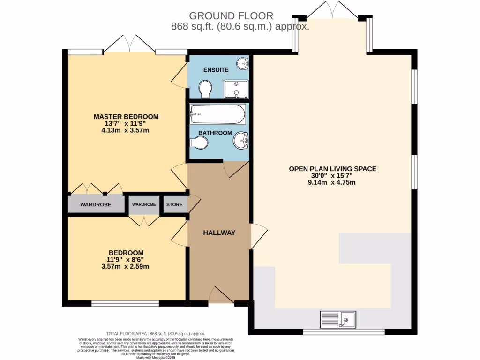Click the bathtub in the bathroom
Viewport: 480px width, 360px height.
point(217,114)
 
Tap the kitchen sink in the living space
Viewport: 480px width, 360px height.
point(338,320)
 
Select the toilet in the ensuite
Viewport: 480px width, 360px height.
point(205,89)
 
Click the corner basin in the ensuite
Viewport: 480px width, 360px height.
point(242,63)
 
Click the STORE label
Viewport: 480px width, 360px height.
point(174,205)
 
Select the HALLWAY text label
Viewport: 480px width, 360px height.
point(219,232)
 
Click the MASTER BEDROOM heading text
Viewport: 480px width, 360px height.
point(126,117)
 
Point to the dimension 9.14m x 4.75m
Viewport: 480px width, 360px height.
point(332,183)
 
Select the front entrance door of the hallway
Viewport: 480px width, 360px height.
point(221,295)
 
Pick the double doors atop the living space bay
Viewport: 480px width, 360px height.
point(333,10)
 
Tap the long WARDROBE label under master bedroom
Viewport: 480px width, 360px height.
point(95,205)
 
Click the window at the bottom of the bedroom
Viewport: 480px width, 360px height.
point(125,304)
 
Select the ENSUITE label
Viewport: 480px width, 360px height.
point(216,70)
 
